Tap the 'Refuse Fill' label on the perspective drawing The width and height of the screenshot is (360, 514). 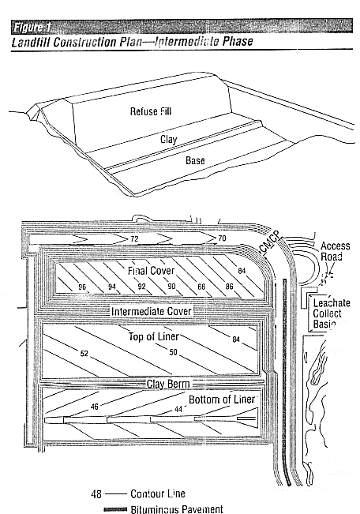coord(150,111)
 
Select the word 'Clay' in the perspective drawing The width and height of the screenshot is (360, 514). coord(168,140)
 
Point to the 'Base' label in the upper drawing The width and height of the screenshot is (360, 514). coord(194,161)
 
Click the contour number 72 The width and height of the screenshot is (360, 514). coord(134,238)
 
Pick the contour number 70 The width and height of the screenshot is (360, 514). coord(221,238)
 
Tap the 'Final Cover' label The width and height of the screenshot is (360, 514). coord(149,270)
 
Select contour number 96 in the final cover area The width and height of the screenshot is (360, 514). coord(81,286)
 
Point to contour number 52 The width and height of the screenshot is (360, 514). coord(84,354)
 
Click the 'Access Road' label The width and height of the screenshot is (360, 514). coord(335,251)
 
